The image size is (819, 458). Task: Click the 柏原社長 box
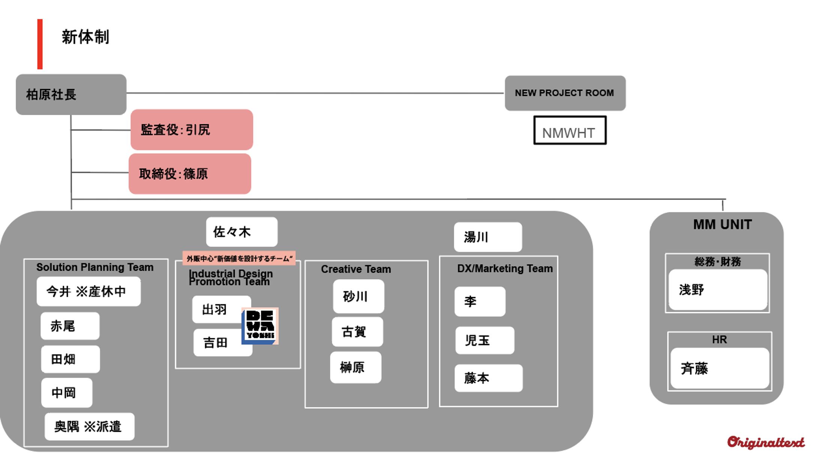pos(71,95)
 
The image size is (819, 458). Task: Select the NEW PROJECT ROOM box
pos(565,93)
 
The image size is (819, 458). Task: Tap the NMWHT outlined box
pos(570,131)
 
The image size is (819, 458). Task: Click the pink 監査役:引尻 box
pos(192,130)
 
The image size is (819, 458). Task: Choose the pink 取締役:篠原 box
pos(190,174)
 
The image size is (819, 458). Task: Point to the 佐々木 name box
pos(241,232)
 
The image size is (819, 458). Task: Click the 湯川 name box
pos(487,237)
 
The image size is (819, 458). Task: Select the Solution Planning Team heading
pos(95,267)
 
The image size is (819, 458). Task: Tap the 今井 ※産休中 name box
pos(88,291)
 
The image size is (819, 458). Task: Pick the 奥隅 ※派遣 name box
pos(89,426)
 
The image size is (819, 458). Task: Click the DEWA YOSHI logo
pos(260,326)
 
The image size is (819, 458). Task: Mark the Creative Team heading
pos(356,269)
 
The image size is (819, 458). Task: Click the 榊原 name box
pos(355,367)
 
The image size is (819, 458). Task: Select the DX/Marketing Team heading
pos(505,269)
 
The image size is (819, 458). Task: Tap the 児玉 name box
pos(484,340)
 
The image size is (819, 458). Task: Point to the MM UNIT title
pos(722,224)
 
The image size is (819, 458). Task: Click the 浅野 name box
pos(718,290)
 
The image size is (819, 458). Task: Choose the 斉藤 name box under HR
pos(719,368)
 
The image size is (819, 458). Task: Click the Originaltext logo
pos(766,443)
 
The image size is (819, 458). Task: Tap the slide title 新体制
pos(85,37)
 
